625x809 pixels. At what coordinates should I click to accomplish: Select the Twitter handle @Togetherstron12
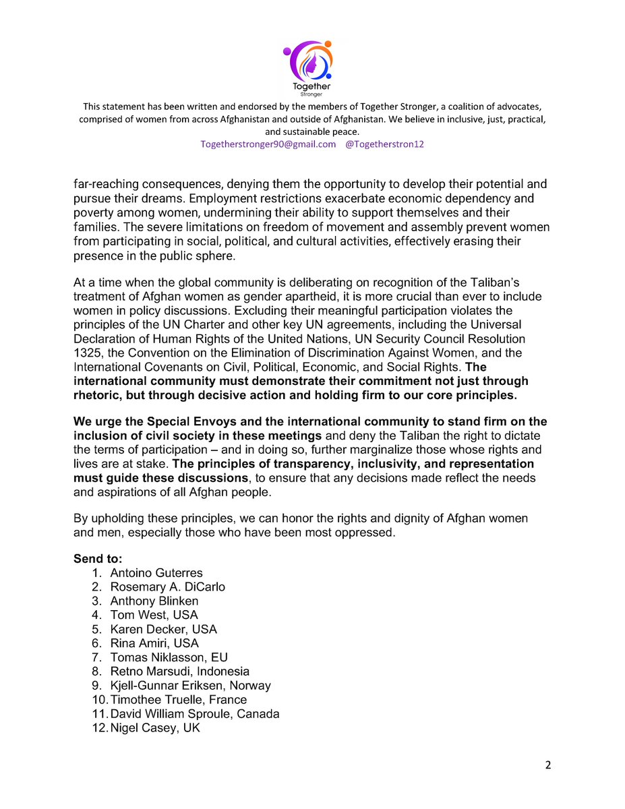[384, 145]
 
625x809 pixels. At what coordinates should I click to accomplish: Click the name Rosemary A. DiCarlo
[168, 587]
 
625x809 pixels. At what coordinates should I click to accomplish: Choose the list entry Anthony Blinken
[154, 601]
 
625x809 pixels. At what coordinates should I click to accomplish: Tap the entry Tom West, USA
[154, 616]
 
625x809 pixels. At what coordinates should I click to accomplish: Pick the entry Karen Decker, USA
[164, 630]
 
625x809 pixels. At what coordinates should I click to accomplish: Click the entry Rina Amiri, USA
[155, 644]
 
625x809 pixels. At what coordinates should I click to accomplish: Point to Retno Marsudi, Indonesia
[180, 671]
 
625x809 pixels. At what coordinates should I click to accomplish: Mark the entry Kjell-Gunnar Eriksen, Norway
[191, 686]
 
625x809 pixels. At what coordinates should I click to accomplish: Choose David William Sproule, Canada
[195, 714]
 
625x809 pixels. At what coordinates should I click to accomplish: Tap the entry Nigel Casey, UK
[156, 728]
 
